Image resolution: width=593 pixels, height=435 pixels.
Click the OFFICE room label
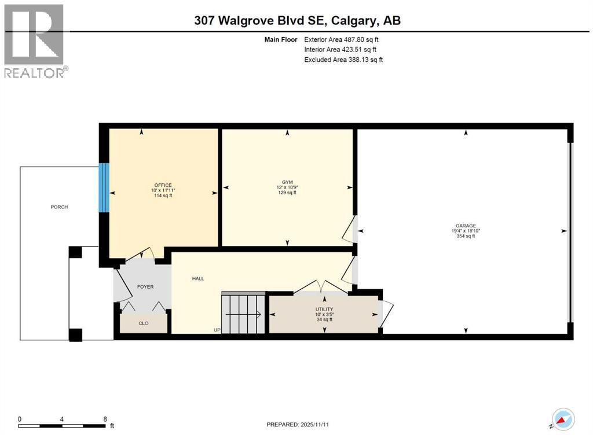coord(162,185)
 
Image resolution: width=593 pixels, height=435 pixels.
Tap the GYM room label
coord(287,181)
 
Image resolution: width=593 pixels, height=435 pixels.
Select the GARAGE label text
coord(465,226)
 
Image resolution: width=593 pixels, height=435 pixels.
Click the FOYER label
coord(145,286)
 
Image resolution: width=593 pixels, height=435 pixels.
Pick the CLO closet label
coord(143,323)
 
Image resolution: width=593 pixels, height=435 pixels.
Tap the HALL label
coord(198,278)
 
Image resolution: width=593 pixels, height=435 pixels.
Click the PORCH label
coord(59,207)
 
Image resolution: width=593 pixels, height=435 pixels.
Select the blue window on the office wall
coord(104,187)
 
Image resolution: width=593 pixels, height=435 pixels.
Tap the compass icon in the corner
coord(562,418)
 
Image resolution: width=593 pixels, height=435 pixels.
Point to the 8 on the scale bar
coord(105,419)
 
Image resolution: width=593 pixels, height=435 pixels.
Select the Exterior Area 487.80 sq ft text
coord(342,40)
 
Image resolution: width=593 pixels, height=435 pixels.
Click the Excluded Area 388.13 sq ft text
coord(343,59)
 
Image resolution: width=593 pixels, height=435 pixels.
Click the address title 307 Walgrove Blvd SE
coord(260,20)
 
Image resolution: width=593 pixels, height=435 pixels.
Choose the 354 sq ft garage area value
coord(465,237)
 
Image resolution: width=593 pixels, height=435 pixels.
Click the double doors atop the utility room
coord(323,287)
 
